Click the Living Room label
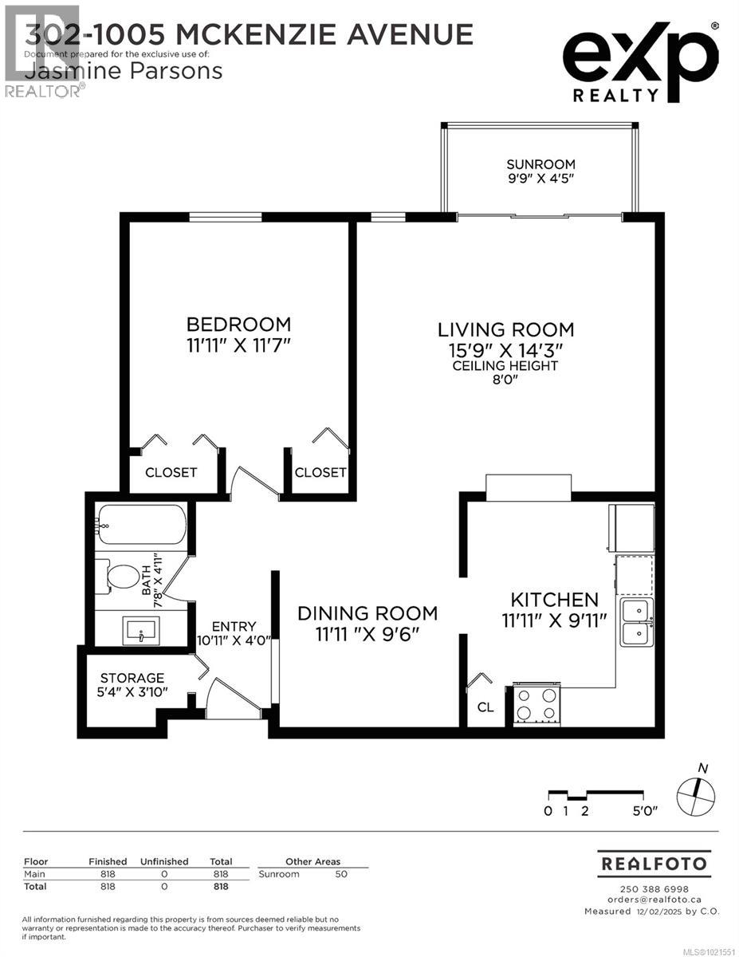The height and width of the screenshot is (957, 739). [x=505, y=329]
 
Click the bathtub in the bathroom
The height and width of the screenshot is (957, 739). [x=141, y=525]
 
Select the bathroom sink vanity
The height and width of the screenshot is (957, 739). [x=141, y=629]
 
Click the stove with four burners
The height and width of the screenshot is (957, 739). [x=537, y=704]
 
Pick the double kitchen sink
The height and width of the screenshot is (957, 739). [x=637, y=622]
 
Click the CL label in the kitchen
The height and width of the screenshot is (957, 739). [x=485, y=707]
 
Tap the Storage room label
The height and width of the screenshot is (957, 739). [x=133, y=678]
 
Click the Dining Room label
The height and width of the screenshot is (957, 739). [x=368, y=613]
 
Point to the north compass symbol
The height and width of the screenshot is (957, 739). [x=696, y=795]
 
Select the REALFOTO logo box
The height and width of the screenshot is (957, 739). [x=654, y=864]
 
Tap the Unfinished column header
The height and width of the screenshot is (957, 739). [x=164, y=861]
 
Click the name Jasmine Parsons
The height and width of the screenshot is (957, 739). [x=124, y=71]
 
